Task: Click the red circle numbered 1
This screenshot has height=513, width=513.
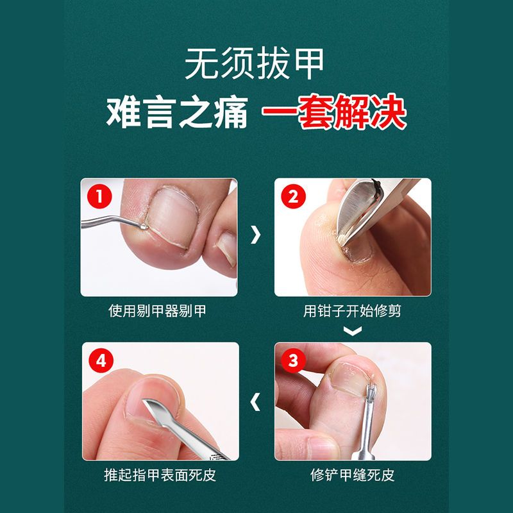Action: coord(100,196)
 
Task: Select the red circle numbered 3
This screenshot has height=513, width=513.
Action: coord(293,360)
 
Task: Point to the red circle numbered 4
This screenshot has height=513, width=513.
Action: coord(101,360)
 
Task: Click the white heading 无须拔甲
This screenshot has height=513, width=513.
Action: coord(254,63)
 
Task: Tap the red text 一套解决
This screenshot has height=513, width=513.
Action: coord(333,112)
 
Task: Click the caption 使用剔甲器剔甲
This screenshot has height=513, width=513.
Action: coord(157,310)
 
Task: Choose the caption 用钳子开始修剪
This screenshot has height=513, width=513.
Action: coord(352,310)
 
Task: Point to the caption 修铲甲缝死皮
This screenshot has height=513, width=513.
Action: coord(352,475)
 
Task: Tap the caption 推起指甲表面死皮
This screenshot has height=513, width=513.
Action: coord(160,475)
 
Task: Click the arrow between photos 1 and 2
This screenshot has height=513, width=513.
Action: coord(255,235)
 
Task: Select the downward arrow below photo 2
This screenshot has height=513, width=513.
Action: coord(353,330)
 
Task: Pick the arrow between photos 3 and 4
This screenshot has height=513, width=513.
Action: coord(255,402)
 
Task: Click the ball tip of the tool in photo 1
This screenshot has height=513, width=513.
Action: coord(143,226)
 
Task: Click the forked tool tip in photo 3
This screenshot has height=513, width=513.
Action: coord(371,391)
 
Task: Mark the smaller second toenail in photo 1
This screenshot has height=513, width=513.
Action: coord(228,247)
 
